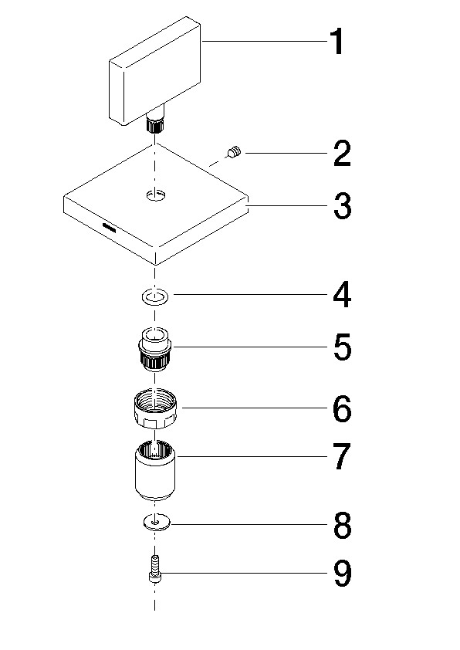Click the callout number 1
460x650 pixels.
click(337, 42)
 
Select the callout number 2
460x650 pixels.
click(343, 154)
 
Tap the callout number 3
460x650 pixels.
click(343, 206)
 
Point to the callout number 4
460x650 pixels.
click(343, 295)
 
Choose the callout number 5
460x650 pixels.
click(343, 347)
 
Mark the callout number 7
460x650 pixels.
click(343, 456)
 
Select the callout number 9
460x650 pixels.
click(343, 574)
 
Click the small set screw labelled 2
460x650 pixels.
click(234, 152)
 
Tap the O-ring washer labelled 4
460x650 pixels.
click(155, 297)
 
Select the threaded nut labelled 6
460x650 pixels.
click(155, 408)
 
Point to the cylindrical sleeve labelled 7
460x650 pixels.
click(155, 469)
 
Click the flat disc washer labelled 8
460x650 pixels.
click(155, 523)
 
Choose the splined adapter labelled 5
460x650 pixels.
click(155, 348)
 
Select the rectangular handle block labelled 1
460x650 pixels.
click(155, 71)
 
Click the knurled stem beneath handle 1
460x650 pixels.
click(155, 124)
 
